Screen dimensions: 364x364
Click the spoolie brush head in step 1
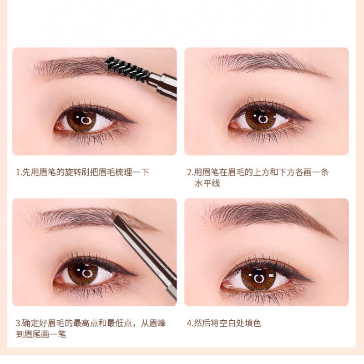point(127,69)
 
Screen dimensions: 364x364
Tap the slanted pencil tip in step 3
point(116,217)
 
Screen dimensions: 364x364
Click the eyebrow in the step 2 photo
point(269,63)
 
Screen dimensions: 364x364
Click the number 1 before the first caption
point(18,172)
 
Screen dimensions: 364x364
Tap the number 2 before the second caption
point(189,172)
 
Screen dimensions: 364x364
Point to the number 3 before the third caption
point(18,323)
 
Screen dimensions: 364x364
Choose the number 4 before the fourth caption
point(189,323)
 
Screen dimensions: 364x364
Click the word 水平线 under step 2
point(207,184)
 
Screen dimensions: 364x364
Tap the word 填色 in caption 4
point(253,323)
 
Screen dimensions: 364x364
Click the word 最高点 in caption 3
point(86,323)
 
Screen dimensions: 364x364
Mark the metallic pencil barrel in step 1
point(162,86)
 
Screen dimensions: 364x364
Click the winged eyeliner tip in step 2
point(309,120)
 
